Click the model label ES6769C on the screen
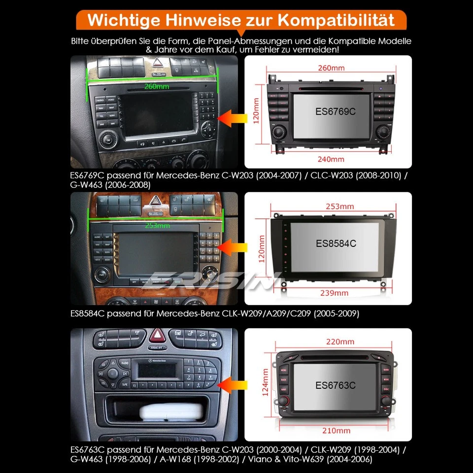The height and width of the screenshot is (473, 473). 335,111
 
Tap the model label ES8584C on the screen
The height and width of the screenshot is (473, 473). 336,243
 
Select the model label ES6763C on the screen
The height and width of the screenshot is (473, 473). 335,385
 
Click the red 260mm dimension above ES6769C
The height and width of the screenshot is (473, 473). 331,68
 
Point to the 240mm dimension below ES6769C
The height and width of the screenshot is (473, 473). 331,159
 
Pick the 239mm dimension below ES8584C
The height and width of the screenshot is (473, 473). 335,293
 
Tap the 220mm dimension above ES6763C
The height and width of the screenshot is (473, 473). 340,341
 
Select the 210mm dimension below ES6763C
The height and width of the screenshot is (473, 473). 337,431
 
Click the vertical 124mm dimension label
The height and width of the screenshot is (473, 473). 266,384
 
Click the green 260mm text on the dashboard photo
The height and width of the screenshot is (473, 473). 156,87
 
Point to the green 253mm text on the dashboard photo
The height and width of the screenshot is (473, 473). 157,226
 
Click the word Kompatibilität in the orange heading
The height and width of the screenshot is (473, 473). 337,21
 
